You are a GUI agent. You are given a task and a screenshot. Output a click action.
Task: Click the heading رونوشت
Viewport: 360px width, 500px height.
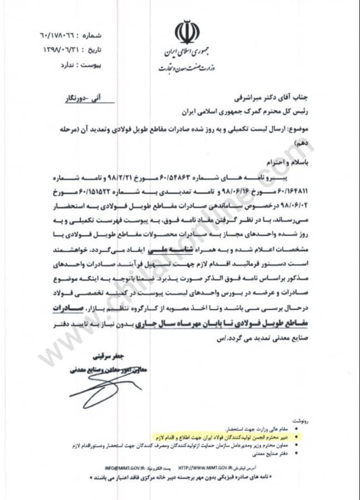(299, 421)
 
